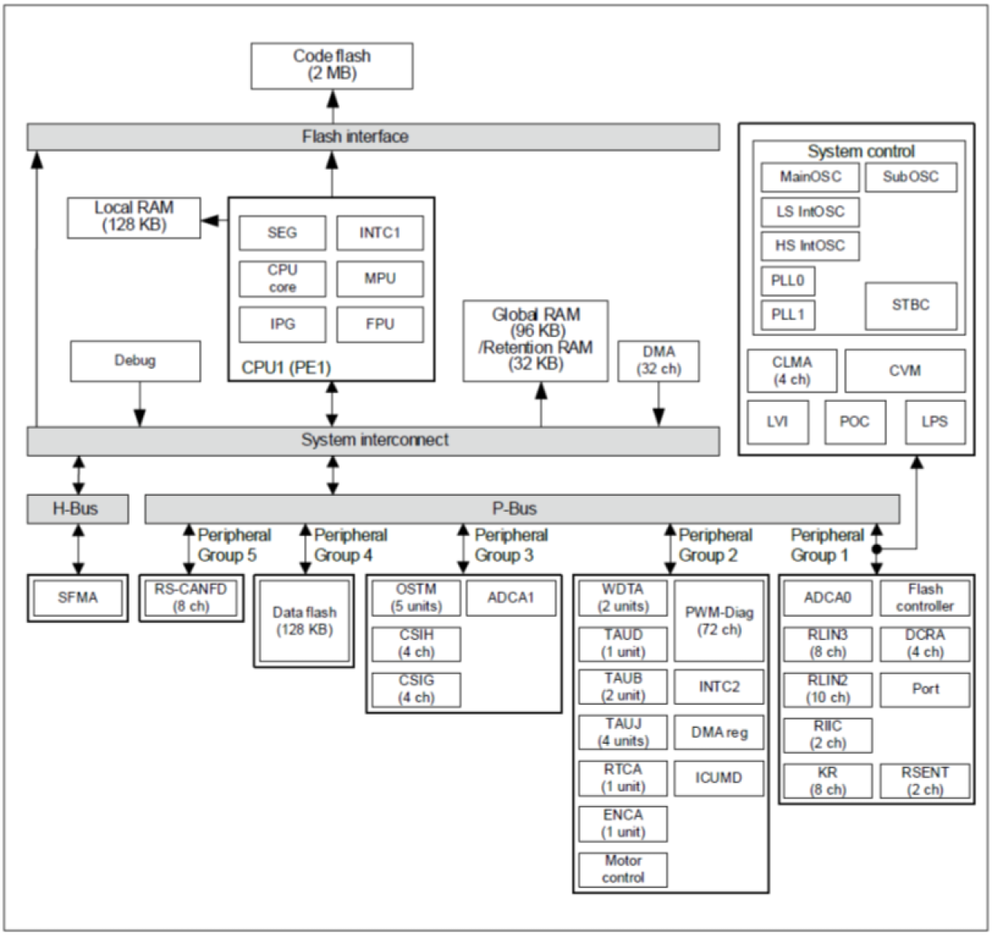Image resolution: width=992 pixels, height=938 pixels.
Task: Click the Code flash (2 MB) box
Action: (x=331, y=66)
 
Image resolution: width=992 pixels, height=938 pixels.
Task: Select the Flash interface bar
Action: (x=373, y=137)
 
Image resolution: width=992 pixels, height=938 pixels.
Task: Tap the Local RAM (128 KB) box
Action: (x=133, y=217)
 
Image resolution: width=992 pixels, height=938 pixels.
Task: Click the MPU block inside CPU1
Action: (x=380, y=279)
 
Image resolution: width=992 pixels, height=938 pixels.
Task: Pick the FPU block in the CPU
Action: (x=380, y=325)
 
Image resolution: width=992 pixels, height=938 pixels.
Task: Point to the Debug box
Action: (x=135, y=362)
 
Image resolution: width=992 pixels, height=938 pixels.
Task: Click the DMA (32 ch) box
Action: (x=658, y=361)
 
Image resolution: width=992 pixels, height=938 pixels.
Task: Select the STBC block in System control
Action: (x=911, y=306)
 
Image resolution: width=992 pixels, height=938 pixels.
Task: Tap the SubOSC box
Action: (x=911, y=177)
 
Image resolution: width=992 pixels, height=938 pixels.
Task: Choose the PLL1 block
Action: (x=787, y=314)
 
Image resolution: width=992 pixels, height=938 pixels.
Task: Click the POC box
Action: (x=855, y=422)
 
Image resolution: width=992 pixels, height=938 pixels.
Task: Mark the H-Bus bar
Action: (x=77, y=509)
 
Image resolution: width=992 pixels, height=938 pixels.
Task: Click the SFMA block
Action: (x=77, y=598)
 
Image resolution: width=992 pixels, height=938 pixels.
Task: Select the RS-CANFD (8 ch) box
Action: (x=190, y=598)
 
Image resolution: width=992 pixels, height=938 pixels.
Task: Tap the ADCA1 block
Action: (x=510, y=598)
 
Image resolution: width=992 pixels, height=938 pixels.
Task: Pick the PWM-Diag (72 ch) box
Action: (x=719, y=621)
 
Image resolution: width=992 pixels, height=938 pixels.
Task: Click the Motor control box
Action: (x=622, y=869)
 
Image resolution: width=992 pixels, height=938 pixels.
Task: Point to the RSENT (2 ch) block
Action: (x=924, y=781)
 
